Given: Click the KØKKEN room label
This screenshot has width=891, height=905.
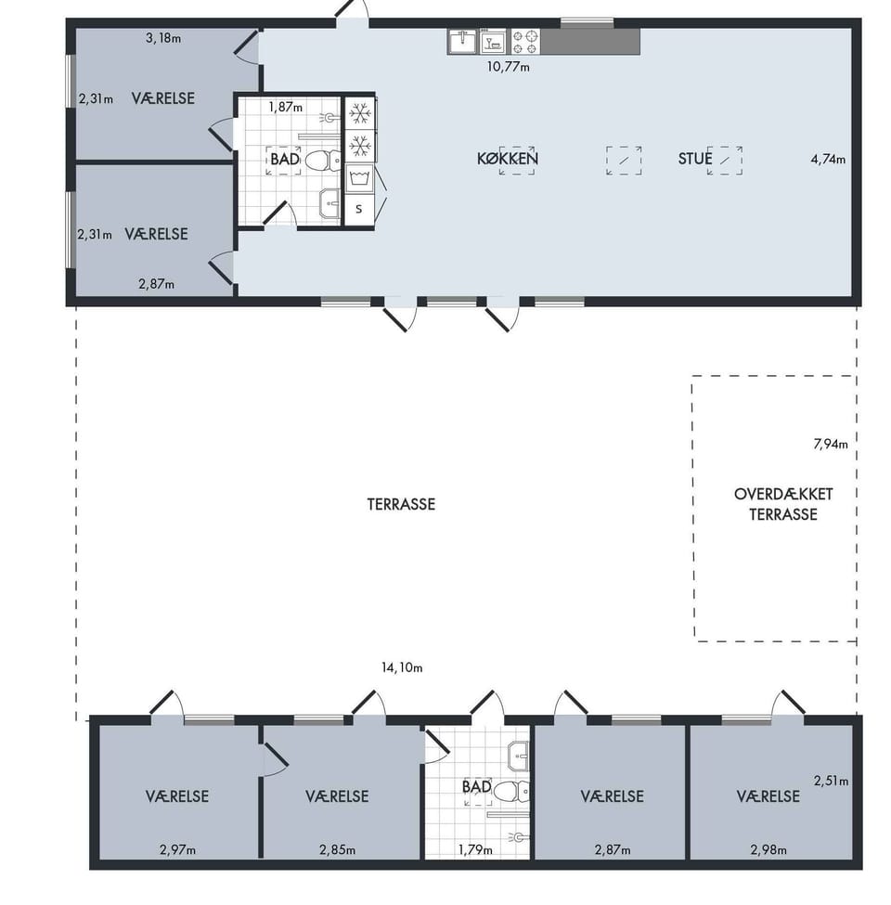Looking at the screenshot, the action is pos(508,158).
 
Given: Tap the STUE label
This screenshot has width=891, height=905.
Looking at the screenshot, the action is pos(695,158).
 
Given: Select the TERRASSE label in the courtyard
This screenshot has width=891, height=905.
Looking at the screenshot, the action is pos(401,504).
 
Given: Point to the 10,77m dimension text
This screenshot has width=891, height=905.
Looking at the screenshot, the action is pos(508,67).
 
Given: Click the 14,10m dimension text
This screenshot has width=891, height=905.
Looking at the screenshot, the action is pos(402,667).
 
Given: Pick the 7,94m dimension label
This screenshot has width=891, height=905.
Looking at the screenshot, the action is pos(831,444).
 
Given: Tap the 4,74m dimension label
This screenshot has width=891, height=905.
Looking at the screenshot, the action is pos(828,160).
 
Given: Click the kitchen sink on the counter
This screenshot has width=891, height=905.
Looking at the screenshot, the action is pos(463,41).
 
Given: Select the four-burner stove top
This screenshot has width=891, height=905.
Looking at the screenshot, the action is pos(525,42).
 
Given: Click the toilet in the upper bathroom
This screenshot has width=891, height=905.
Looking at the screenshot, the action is pos(323,160).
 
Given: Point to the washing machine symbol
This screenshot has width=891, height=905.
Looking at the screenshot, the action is pos(359,178).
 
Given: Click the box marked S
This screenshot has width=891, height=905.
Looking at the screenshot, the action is pos(359,209).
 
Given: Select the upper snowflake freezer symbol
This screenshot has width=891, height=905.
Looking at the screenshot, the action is pos(360,113).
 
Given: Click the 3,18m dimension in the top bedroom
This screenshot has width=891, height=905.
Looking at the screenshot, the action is pos(163,39).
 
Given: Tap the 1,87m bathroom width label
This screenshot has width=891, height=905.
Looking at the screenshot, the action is pos(285,108).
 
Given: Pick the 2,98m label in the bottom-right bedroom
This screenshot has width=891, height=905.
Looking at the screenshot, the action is pos(768,849).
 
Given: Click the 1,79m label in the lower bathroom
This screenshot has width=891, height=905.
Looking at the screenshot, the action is pos(475,849).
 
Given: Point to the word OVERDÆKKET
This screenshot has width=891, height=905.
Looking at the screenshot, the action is pos(783,495).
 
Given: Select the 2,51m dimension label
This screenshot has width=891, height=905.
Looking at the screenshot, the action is pos(831,781).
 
